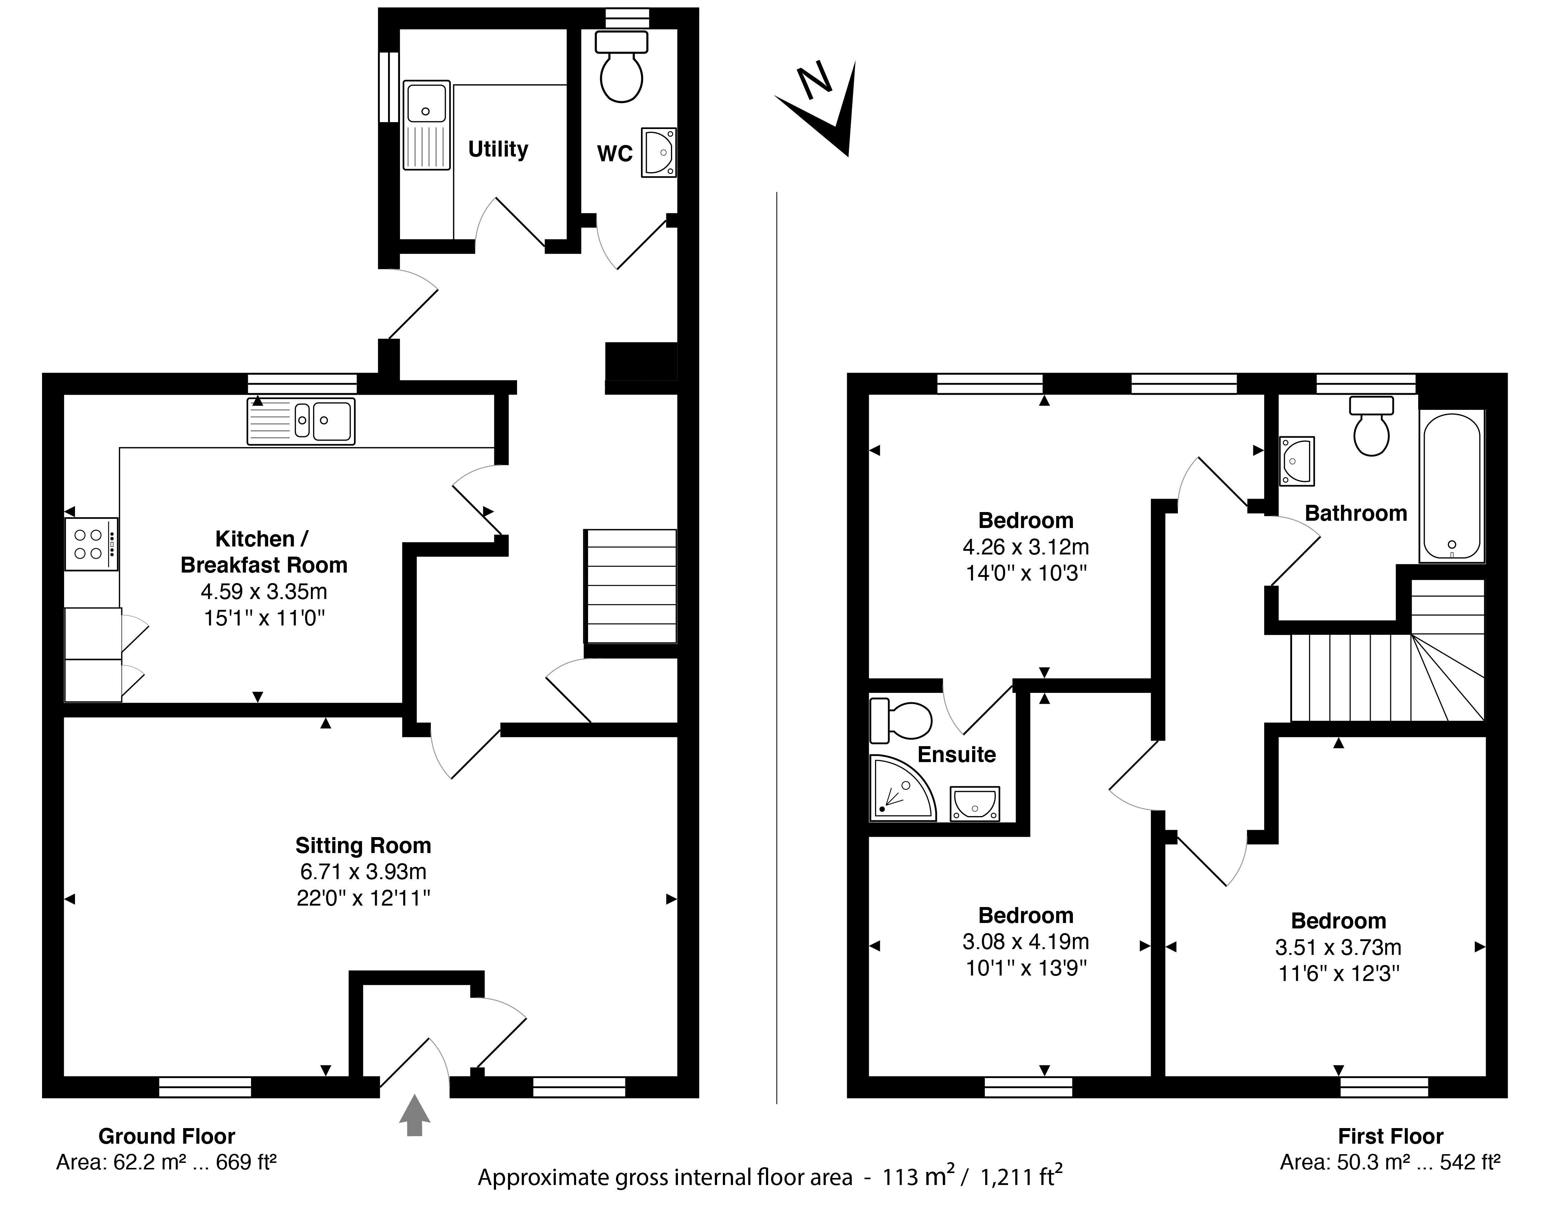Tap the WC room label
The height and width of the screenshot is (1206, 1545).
(x=614, y=154)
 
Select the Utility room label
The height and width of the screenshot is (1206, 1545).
(x=498, y=149)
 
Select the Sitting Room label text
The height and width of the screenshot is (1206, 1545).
(x=363, y=845)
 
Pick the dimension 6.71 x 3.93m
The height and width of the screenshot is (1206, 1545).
(x=363, y=872)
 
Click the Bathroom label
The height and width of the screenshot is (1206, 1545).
(x=1355, y=513)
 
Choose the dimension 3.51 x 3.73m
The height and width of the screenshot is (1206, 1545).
(x=1338, y=947)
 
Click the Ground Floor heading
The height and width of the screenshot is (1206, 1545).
(x=166, y=1136)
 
